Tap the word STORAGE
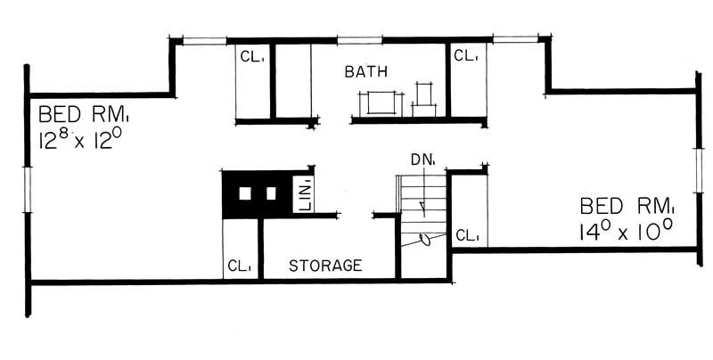324,266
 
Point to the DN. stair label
422,160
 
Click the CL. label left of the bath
250,56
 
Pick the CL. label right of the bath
465,56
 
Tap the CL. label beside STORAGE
238,266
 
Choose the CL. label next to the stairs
467,236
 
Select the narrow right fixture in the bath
422,97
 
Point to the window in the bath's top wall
359,39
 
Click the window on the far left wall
29,191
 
